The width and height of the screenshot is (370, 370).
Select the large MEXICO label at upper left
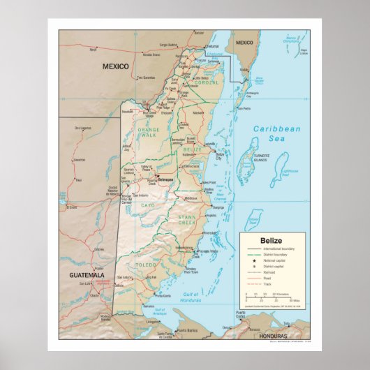[x=116, y=66]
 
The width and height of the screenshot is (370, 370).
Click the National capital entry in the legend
[x=275, y=260]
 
